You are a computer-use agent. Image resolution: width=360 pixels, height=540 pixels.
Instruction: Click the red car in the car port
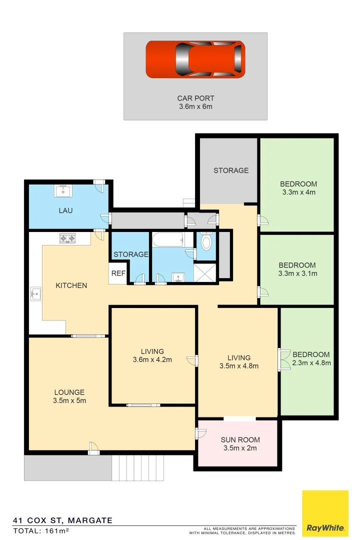195,59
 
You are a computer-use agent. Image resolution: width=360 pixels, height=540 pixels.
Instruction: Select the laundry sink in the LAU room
64,190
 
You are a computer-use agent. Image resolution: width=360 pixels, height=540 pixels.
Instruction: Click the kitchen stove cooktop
67,238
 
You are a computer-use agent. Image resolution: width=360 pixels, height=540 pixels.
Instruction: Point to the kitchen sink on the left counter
35,293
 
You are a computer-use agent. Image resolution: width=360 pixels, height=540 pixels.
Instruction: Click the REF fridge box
118,273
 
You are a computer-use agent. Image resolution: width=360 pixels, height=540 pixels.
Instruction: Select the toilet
205,241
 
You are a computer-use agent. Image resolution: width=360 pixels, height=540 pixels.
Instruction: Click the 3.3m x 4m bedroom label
298,188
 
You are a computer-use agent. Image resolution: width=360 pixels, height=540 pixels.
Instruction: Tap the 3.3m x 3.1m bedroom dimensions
298,273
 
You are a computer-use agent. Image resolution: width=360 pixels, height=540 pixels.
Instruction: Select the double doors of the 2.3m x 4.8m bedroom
284,359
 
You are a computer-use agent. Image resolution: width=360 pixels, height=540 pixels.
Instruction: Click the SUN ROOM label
240,444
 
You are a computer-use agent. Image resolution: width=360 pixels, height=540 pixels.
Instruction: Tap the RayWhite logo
325,513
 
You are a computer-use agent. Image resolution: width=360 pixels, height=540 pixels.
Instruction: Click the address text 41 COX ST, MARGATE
62,520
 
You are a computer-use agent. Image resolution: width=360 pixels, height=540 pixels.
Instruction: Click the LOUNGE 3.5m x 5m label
69,396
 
